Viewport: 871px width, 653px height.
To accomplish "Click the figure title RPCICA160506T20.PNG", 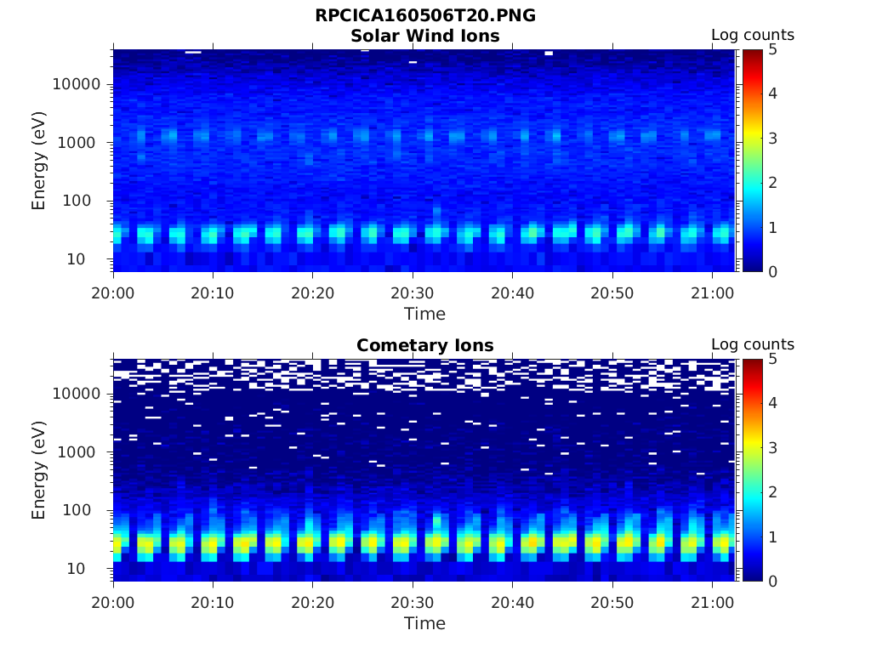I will pos(424,15).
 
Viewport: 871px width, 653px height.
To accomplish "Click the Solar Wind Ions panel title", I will pos(424,36).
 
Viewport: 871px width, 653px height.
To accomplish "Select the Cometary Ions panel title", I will pos(424,345).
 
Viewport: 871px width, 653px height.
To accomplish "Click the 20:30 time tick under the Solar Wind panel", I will pos(413,293).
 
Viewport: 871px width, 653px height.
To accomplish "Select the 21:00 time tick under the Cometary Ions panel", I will pos(712,603).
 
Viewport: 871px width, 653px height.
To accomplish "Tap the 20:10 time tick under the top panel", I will pos(213,293).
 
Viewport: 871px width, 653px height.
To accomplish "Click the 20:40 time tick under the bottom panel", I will pos(512,603).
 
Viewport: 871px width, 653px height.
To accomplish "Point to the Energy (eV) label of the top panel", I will pos(39,160).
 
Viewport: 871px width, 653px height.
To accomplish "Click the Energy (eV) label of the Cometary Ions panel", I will pos(39,469).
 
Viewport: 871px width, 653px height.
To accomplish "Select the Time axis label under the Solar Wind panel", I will pos(424,314).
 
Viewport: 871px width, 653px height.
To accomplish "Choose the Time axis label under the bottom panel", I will pos(424,623).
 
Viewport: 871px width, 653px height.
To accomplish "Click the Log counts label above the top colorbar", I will pos(752,35).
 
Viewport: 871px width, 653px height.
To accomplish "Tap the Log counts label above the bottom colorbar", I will pos(752,344).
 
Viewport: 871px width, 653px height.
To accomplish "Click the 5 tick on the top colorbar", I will pos(774,49).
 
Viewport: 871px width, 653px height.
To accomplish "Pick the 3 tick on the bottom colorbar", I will pos(774,447).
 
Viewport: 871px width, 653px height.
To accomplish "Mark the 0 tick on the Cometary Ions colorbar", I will pos(774,581).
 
